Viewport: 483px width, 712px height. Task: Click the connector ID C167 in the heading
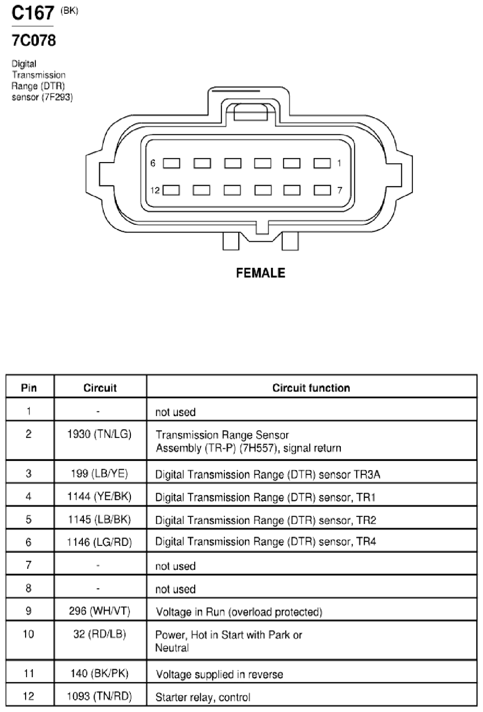(x=33, y=13)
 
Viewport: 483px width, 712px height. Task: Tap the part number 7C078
(x=34, y=40)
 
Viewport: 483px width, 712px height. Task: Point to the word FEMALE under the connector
(x=261, y=273)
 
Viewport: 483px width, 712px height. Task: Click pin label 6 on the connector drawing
(x=153, y=164)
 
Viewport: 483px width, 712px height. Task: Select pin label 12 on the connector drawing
(x=155, y=190)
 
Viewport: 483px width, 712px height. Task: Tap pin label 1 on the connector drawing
(x=339, y=163)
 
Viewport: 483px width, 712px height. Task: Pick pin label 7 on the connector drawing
(x=340, y=190)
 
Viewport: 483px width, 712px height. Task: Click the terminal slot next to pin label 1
(x=322, y=163)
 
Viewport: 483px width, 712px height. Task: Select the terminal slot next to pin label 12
(x=171, y=190)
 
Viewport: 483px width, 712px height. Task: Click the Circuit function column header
(x=311, y=388)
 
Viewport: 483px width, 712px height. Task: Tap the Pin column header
(x=29, y=388)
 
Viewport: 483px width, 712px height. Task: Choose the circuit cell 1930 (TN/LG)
(x=100, y=434)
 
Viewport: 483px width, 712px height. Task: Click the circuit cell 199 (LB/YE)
(x=100, y=473)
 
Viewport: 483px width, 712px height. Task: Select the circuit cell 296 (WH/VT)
(x=100, y=611)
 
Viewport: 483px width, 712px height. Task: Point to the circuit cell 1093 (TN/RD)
(x=100, y=696)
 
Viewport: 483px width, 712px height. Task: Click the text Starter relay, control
(x=203, y=697)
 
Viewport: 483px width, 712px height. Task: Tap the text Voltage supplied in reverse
(x=219, y=674)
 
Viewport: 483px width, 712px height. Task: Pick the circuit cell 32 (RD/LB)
(x=100, y=634)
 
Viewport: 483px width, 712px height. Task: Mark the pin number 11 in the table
(x=29, y=673)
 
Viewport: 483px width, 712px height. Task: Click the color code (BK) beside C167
(x=70, y=11)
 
